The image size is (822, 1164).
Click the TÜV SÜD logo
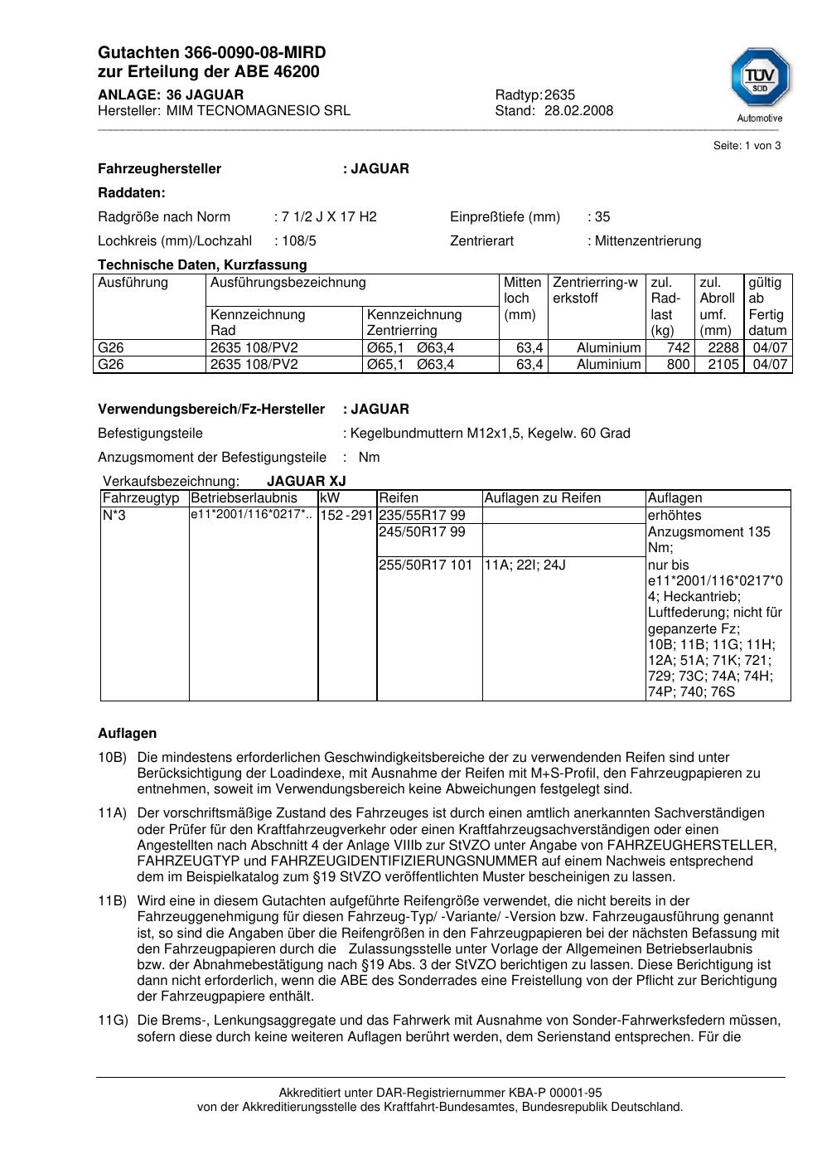[x=760, y=81]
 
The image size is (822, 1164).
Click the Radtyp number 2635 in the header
[x=559, y=95]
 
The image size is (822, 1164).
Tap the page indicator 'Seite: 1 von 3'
[x=747, y=146]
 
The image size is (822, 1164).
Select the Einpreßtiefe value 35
[x=602, y=217]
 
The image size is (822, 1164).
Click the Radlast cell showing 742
[x=679, y=348]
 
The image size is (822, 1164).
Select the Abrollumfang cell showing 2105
[x=723, y=365]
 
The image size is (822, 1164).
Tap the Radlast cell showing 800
[x=678, y=365]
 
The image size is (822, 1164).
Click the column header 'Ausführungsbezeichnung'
[x=288, y=283]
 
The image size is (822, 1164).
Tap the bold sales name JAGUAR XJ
[x=306, y=482]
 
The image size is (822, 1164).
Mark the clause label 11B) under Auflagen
[x=112, y=901]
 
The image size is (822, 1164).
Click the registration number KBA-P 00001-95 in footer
[x=549, y=1094]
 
